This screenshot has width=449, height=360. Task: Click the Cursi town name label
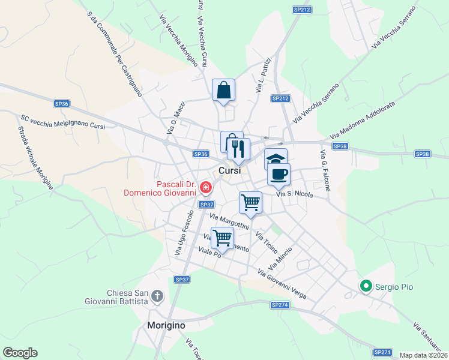(229, 171)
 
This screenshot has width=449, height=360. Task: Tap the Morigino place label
(166, 325)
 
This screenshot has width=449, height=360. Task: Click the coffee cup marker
(279, 174)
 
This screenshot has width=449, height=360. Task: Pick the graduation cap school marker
(276, 159)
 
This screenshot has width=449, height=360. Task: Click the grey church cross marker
(157, 296)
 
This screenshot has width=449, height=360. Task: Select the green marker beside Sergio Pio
(364, 287)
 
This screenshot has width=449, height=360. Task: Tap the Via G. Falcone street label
(325, 171)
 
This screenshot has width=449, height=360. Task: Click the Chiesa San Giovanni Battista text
(127, 297)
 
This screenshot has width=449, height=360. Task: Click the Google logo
(20, 353)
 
